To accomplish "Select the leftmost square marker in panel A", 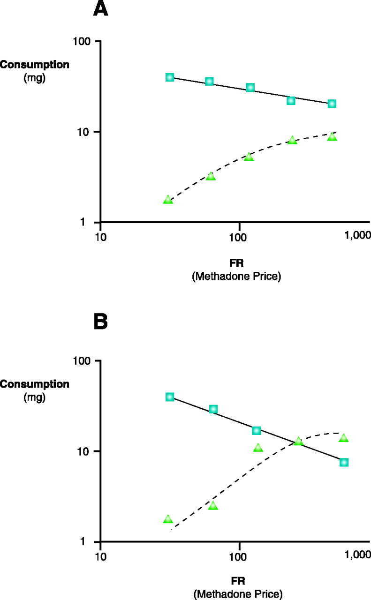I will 170,77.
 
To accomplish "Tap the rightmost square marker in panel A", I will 332,104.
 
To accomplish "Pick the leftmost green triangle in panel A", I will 168,200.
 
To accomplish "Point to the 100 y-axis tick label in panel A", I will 83,41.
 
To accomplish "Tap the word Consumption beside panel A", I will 35,65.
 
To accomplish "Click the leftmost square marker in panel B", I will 170,397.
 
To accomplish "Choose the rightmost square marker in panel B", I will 344,462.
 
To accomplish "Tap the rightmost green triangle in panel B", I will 344,438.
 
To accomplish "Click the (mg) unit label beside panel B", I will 34,397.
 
